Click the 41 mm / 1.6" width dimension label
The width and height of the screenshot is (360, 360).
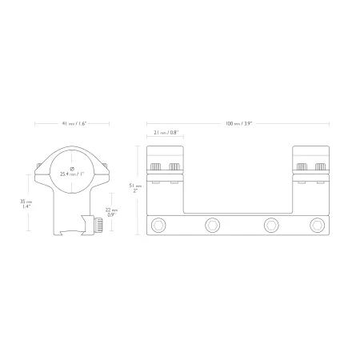[74, 123]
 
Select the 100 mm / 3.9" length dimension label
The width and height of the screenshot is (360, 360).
[238, 123]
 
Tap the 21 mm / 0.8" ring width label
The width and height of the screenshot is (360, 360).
[166, 132]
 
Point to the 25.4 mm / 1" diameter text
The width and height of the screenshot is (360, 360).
[72, 174]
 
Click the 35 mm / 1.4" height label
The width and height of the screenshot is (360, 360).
[26, 204]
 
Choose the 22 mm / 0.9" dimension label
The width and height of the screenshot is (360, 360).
[112, 212]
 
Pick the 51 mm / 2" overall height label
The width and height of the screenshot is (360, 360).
[135, 188]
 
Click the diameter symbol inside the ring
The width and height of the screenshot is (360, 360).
[72, 169]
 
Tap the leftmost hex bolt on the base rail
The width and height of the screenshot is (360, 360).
[158, 225]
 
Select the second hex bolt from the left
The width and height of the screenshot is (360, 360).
[213, 225]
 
